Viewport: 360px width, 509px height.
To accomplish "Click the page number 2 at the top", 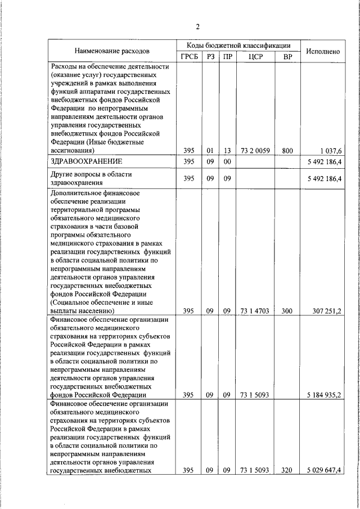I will tap(198, 26).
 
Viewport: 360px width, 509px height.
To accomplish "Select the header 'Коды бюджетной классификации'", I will tap(239, 45).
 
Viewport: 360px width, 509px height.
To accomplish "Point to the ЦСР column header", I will tap(252, 57).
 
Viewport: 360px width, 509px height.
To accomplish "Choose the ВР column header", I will tap(287, 57).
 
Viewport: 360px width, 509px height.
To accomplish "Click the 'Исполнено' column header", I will tap(323, 51).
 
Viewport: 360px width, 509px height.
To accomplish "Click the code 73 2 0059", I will tap(252, 150).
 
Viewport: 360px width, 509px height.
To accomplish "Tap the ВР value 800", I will tap(287, 150).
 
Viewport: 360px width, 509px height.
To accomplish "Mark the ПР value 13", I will tap(227, 150).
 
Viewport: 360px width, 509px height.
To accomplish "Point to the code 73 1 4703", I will tap(252, 310).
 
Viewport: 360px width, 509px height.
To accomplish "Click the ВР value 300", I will tap(287, 310).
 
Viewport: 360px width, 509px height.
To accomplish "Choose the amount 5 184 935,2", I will tap(323, 395).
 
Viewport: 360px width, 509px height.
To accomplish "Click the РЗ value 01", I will tap(210, 150).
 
